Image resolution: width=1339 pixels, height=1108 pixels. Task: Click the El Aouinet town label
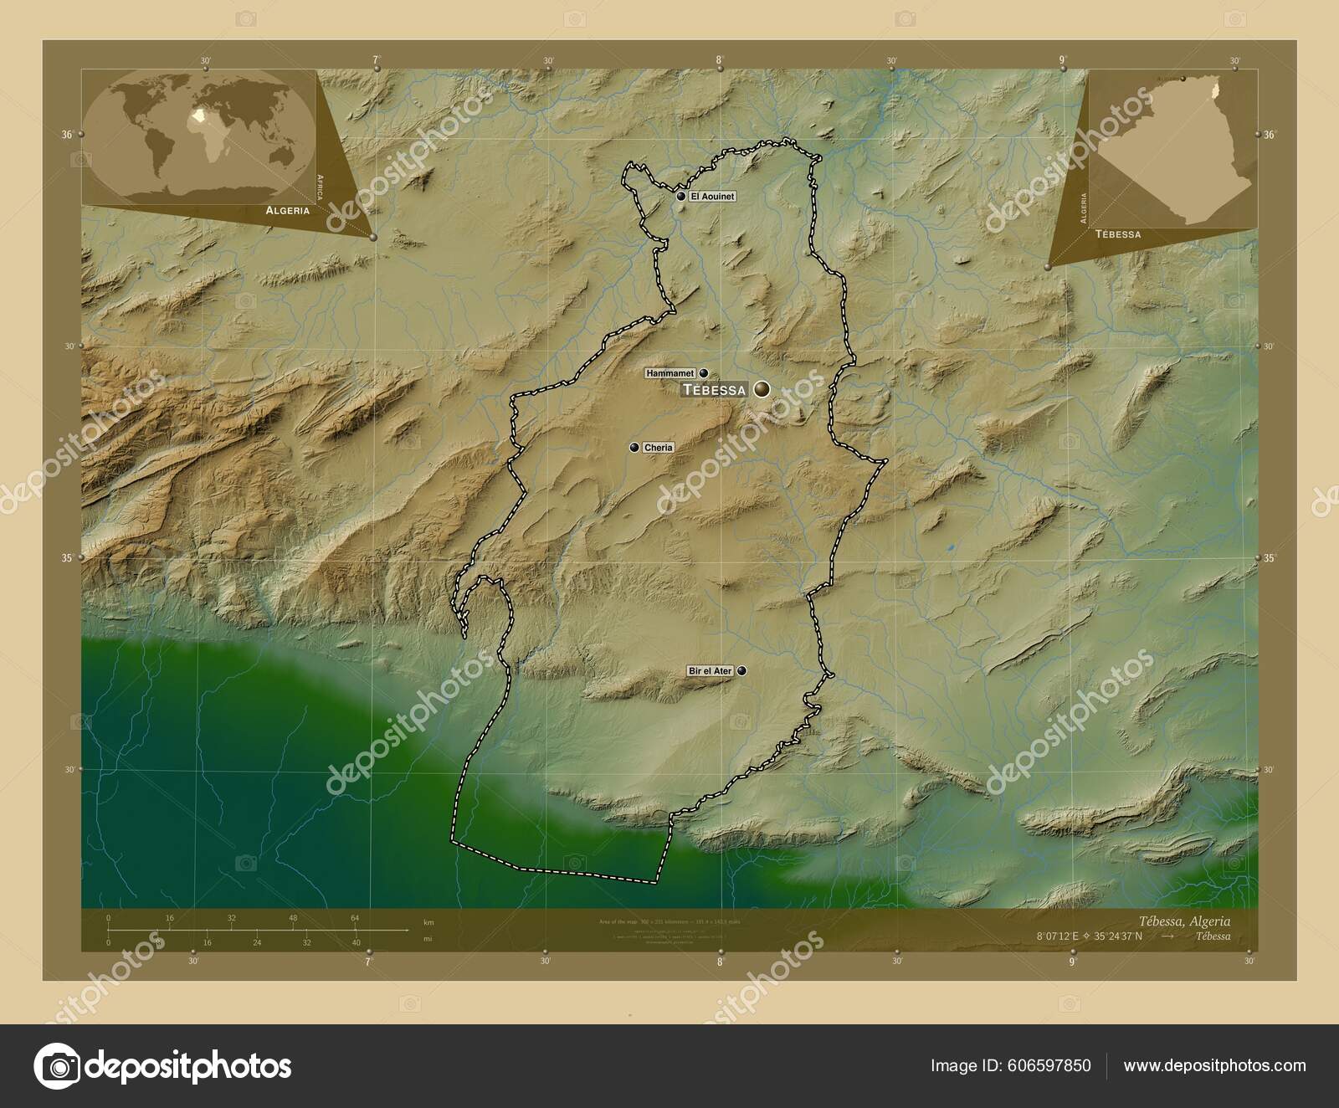coord(712,197)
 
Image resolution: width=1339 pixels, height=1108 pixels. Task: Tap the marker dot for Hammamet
coord(704,373)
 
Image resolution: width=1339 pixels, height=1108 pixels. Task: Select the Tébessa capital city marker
coord(762,389)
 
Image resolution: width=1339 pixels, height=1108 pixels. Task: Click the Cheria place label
coord(658,448)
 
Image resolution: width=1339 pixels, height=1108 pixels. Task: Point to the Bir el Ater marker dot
coord(741,670)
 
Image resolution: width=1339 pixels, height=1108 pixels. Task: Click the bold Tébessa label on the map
coord(714,390)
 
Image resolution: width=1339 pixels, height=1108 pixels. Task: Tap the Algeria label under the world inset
coord(287,211)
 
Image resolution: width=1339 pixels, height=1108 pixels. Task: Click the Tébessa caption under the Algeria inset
coord(1117,234)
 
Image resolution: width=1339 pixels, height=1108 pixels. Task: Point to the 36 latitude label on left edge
coord(66,134)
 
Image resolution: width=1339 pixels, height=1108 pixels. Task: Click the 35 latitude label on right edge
coord(1270,558)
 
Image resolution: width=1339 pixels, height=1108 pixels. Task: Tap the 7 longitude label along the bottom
coord(367,962)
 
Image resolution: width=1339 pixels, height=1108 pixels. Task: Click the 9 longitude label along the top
coord(1062,59)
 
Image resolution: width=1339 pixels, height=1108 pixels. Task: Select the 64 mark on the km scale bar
coord(355,918)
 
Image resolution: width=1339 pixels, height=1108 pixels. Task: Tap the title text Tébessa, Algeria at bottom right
coord(1185,921)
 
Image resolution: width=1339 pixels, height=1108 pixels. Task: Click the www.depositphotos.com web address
coord(1214,1065)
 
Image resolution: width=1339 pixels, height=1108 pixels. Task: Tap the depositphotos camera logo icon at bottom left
coord(57,1066)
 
